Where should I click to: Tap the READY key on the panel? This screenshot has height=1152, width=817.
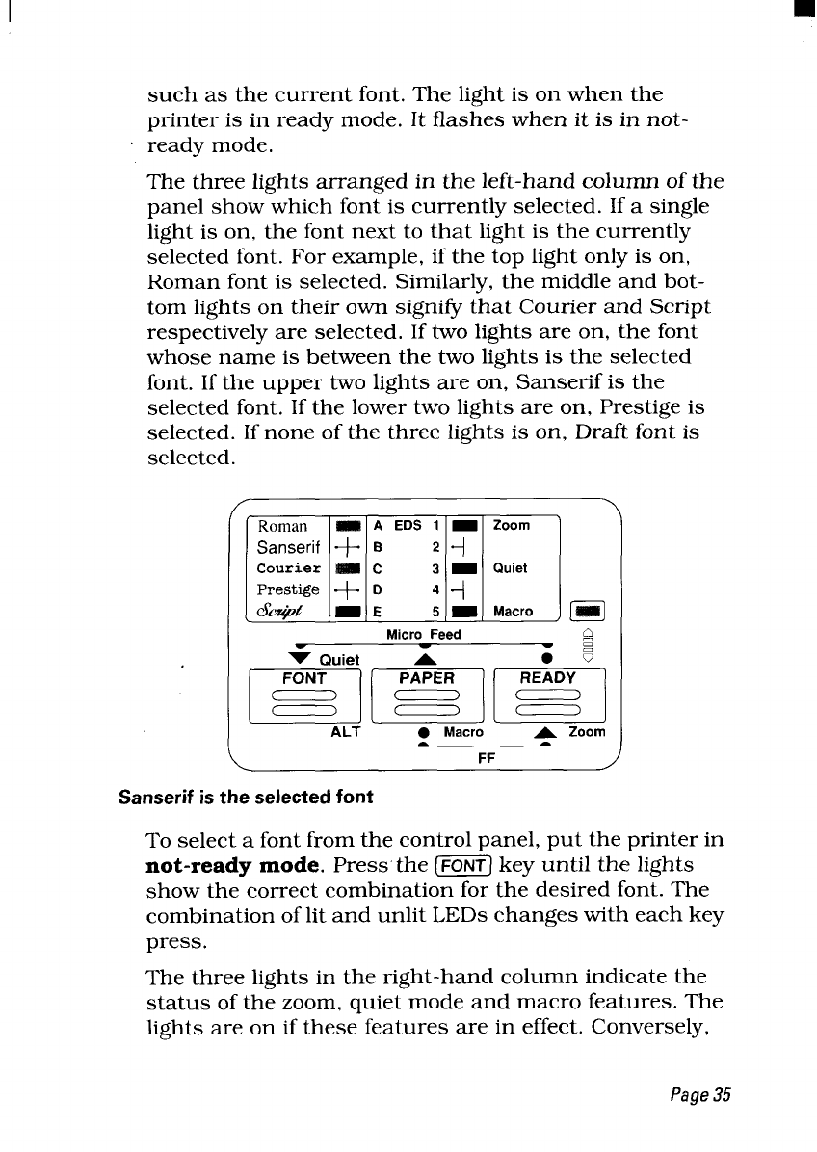pyautogui.click(x=547, y=694)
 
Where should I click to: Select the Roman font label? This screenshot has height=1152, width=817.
pyautogui.click(x=283, y=527)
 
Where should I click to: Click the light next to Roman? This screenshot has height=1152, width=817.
pyautogui.click(x=348, y=527)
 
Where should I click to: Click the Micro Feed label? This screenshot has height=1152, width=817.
pyautogui.click(x=424, y=634)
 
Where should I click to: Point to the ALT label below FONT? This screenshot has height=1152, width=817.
pyautogui.click(x=345, y=732)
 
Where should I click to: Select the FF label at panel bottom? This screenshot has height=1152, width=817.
pyautogui.click(x=487, y=758)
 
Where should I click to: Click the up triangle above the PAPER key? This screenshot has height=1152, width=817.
pyautogui.click(x=425, y=657)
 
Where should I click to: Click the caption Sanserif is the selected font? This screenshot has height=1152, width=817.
pyautogui.click(x=245, y=798)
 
